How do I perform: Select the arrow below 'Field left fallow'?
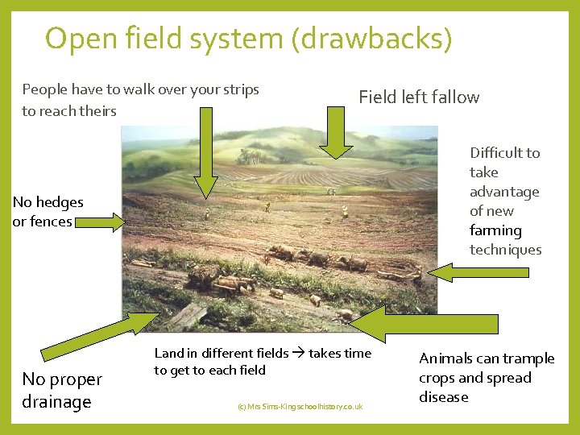point(336,133)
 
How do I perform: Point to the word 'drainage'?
point(56,402)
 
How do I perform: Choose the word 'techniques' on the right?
point(505,250)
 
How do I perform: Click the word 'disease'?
point(443,397)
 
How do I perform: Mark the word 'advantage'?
point(504,192)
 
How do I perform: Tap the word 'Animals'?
point(445,358)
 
